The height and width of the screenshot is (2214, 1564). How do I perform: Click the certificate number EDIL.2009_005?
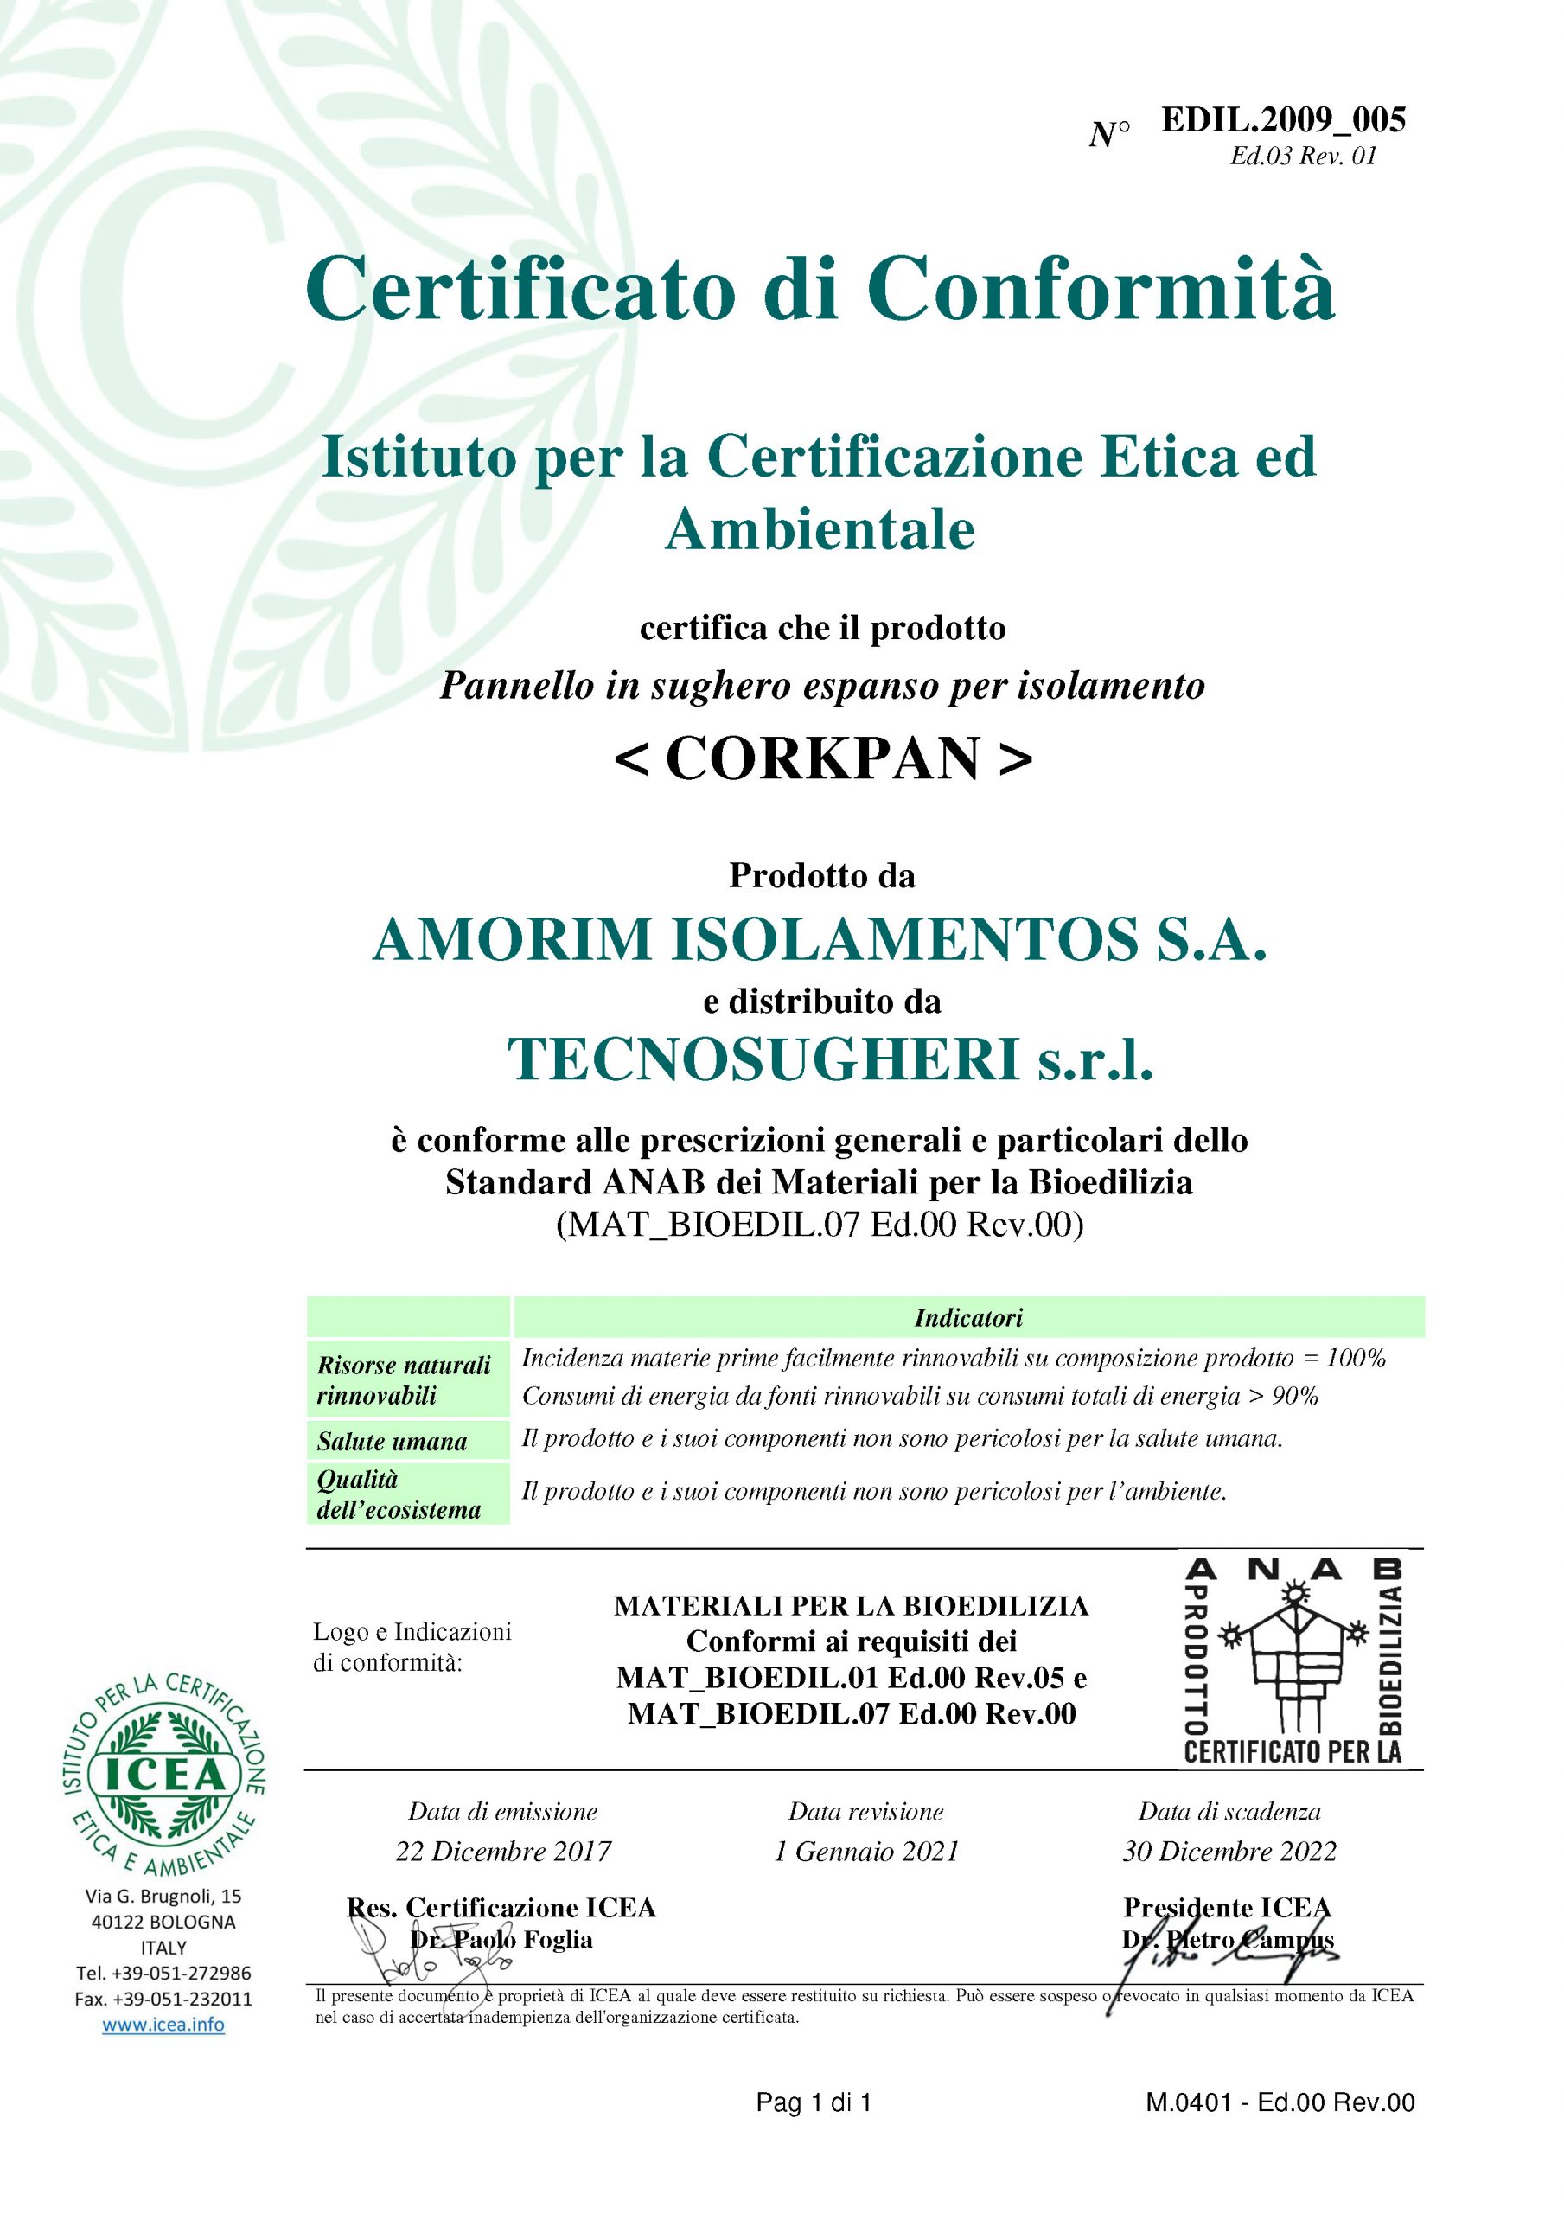click(x=1282, y=119)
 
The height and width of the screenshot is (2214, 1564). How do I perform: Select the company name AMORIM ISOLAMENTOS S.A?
click(x=820, y=939)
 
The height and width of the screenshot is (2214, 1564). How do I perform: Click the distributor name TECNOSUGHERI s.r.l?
click(x=830, y=1059)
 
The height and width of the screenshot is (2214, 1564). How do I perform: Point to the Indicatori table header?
click(x=968, y=1317)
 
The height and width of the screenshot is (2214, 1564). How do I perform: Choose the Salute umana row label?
click(x=393, y=1442)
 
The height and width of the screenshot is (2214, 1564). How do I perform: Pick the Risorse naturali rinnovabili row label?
click(x=404, y=1380)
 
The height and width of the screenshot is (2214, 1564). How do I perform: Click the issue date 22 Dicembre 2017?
click(x=503, y=1852)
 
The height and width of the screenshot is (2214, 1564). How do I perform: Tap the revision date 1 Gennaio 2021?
click(x=867, y=1852)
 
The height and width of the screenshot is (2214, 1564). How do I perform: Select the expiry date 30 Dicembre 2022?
click(x=1229, y=1852)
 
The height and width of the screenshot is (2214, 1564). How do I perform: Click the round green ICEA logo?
click(x=164, y=1775)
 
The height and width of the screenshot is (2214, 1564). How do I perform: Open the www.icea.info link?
click(x=164, y=2025)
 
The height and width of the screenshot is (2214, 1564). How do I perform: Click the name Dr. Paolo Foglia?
click(x=501, y=1940)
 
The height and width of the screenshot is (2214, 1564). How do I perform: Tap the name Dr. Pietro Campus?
click(x=1228, y=1940)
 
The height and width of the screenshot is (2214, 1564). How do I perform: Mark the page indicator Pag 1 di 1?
click(x=814, y=2103)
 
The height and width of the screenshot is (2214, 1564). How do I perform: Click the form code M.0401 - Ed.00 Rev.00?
click(x=1280, y=2103)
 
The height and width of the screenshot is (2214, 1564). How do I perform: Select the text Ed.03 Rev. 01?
click(x=1303, y=157)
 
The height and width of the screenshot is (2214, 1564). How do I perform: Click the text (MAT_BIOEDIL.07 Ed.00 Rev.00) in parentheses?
click(x=820, y=1225)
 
